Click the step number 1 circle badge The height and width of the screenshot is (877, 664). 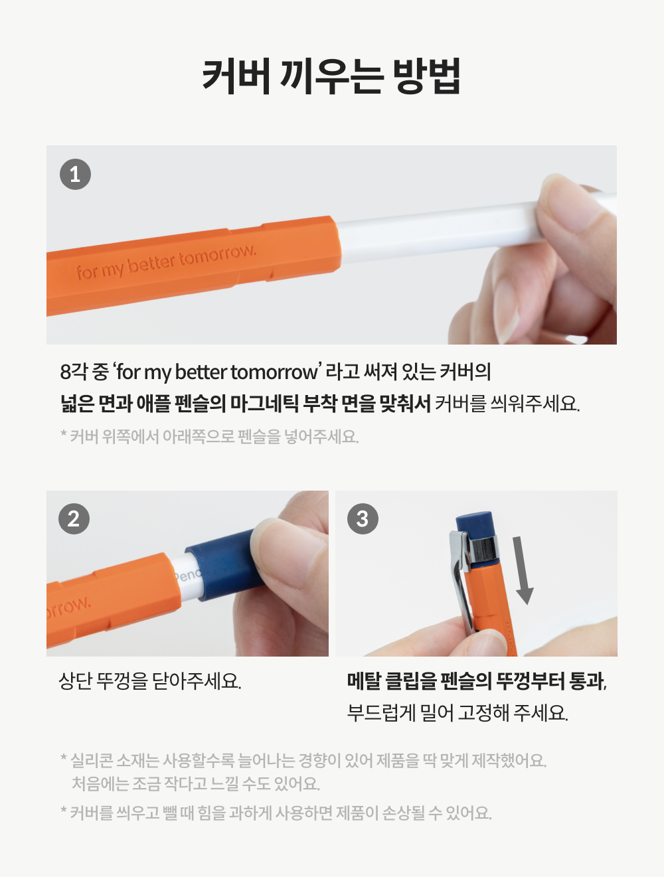75,174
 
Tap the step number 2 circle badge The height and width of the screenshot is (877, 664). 74,518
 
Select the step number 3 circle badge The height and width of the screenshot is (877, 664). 363,518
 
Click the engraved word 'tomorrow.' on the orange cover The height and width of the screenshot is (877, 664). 216,256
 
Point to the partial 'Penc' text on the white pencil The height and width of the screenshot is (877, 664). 188,576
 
